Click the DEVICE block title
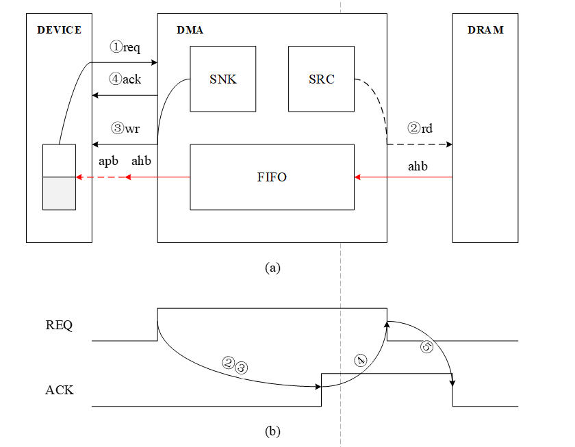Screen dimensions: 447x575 point(59,30)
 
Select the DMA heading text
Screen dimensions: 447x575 point(190,30)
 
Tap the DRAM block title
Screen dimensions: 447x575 point(485,30)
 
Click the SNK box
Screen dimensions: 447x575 point(222,79)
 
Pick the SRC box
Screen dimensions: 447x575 point(321,79)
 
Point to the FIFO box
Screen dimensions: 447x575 point(272,177)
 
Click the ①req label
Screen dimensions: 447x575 point(125,47)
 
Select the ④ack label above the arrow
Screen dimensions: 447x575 point(125,79)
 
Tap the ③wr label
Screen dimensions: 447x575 point(125,128)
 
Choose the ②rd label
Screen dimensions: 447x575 point(420,128)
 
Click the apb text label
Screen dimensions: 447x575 point(109,162)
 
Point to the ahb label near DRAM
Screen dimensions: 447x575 point(419,166)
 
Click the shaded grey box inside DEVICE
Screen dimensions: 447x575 point(59,193)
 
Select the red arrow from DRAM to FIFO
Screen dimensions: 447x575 point(403,177)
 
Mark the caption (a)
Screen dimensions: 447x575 point(272,268)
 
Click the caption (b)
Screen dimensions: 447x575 point(272,431)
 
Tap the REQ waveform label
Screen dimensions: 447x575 point(59,325)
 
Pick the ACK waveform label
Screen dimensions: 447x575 point(59,391)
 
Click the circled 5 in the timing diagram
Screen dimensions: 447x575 point(426,348)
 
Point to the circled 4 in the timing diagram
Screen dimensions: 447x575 point(361,361)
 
